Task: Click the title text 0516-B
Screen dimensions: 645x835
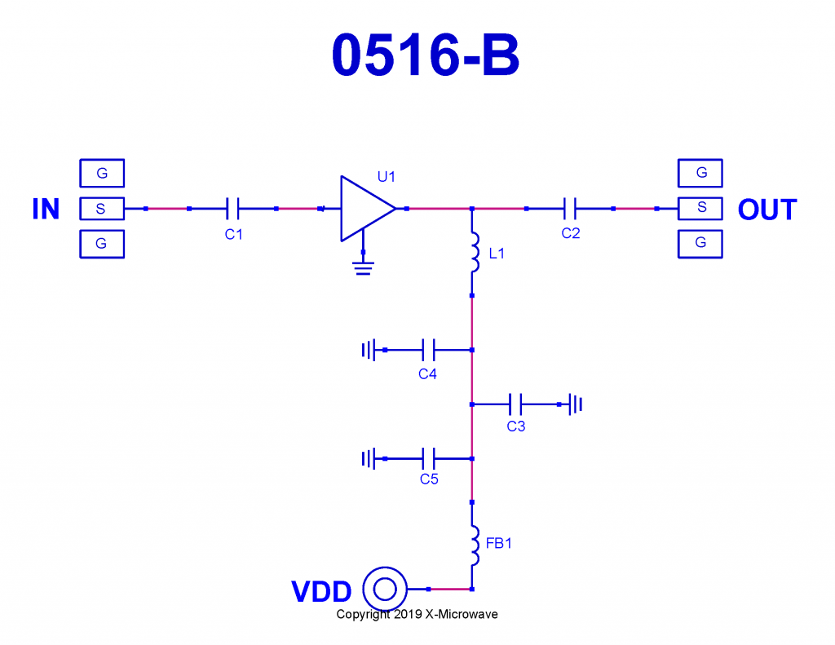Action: (x=425, y=56)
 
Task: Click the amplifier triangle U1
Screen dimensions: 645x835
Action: (x=364, y=209)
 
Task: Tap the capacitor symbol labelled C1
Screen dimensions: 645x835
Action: (x=232, y=209)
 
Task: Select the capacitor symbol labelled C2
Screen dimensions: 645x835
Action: (x=570, y=209)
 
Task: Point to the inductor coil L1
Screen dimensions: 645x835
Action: (x=472, y=253)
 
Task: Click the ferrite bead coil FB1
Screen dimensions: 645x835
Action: (x=472, y=546)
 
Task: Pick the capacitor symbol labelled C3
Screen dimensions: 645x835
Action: (x=515, y=404)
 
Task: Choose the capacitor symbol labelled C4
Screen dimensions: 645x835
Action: (x=428, y=350)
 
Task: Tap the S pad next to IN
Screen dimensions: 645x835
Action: (x=101, y=209)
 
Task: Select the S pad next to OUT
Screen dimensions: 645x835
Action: (x=701, y=208)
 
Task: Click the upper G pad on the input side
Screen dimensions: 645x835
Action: (x=101, y=173)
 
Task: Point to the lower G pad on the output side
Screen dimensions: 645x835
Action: (x=701, y=243)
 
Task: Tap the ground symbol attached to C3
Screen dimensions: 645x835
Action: (x=577, y=404)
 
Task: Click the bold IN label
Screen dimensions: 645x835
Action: (x=46, y=210)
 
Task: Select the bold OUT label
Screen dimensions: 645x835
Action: (x=767, y=210)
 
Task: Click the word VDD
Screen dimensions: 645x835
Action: (x=321, y=592)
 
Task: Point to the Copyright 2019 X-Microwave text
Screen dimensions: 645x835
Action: (x=417, y=614)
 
